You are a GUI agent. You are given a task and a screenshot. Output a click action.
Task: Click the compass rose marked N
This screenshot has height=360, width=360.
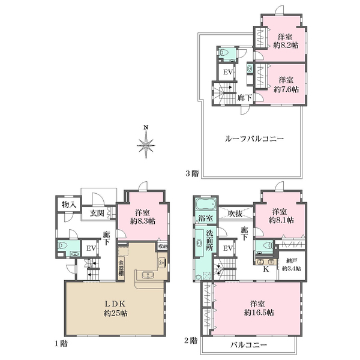pos(146,144)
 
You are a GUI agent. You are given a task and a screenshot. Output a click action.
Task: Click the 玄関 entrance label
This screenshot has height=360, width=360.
pos(97,212)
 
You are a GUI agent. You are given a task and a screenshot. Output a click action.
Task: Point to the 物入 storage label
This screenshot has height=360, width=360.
pos(68,205)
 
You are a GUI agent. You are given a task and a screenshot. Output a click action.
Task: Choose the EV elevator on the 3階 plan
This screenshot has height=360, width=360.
pos(227,73)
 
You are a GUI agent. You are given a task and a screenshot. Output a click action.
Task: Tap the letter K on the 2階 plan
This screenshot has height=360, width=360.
pos(265,269)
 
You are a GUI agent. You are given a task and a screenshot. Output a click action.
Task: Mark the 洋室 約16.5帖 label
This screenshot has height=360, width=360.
pos(258,308)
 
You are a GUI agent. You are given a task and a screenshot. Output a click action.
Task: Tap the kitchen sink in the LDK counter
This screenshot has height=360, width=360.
pos(146,276)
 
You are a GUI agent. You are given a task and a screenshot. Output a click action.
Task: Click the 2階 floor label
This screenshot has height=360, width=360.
pos(191,340)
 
